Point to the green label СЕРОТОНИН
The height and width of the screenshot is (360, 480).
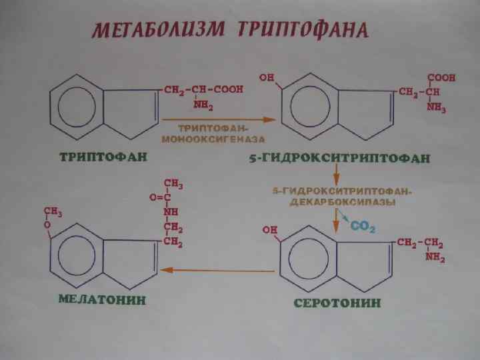point(338,303)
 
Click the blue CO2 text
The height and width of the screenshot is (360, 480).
point(363,227)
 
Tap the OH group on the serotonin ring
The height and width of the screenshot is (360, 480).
point(271,229)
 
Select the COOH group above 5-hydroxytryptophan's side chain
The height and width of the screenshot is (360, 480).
point(441,78)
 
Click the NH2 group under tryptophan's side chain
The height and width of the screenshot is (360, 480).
point(203,105)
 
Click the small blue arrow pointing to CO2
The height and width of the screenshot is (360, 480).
point(341,216)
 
